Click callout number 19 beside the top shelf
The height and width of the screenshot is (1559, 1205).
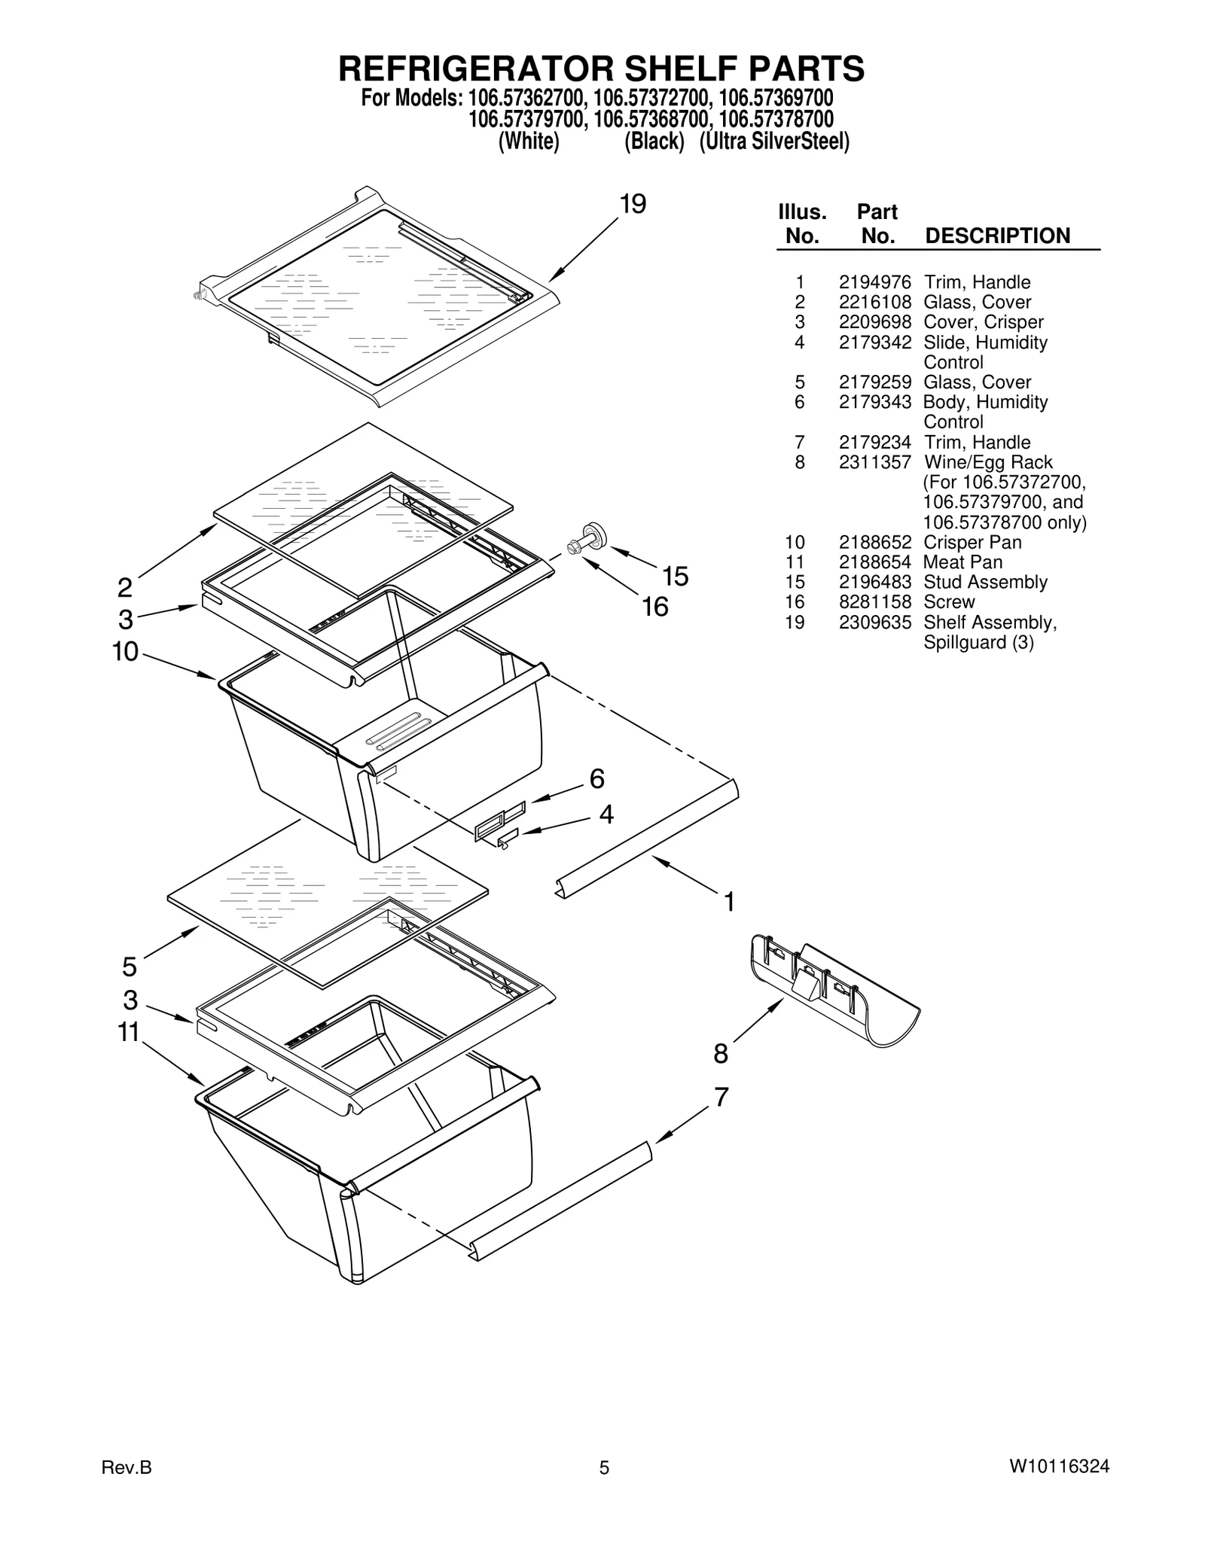coord(633,204)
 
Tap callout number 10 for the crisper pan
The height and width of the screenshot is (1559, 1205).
coord(126,651)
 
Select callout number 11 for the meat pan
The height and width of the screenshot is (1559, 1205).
coord(129,1032)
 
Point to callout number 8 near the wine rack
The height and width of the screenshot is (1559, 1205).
coord(721,1054)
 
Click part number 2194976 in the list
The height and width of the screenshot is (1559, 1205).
coord(874,282)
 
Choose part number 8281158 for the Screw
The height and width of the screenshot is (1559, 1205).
coord(874,602)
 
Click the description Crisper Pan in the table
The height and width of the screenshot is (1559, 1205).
coord(972,542)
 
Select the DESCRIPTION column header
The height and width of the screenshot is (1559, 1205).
coord(996,236)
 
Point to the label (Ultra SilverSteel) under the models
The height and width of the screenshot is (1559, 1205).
coord(773,142)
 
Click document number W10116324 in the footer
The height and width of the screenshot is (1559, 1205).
coord(1059,1466)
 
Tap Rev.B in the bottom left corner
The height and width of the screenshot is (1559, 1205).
coord(127,1466)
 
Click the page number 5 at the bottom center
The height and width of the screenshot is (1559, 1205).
coord(603,1467)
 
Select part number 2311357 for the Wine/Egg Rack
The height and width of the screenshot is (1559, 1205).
coord(874,462)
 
